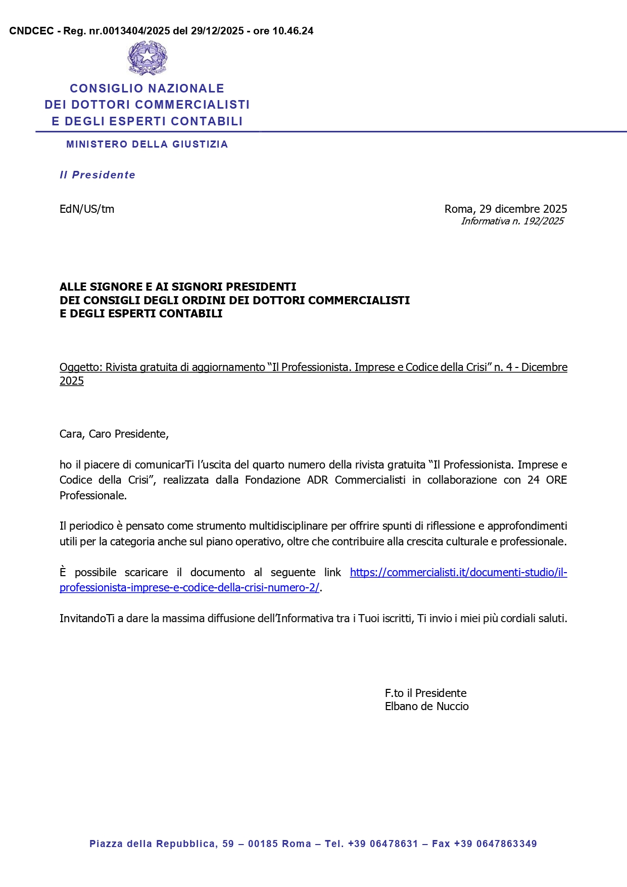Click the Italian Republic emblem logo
147,58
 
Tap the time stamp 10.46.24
293,31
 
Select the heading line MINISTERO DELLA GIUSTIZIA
147,145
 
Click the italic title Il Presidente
98,175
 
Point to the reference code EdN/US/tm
87,209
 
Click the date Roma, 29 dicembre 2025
505,209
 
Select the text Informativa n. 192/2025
512,221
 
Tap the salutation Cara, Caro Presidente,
114,434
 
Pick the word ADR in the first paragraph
317,480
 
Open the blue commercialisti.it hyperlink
458,572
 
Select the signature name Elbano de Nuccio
426,706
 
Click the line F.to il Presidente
425,693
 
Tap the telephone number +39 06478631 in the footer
383,844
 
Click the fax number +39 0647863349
495,844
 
